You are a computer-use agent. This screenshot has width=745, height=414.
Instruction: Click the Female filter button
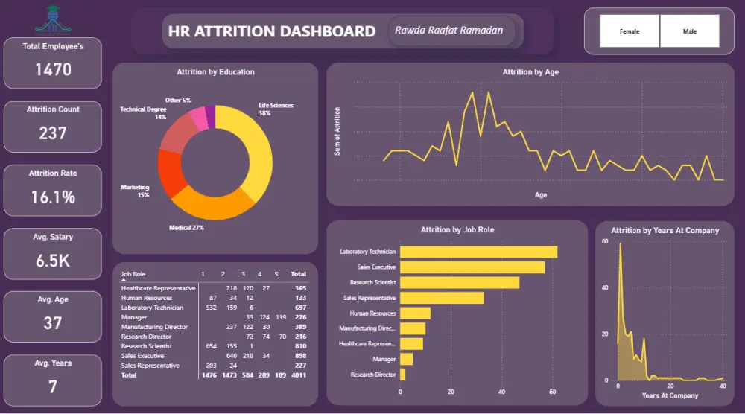630,31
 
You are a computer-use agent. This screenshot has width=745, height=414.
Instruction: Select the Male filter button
690,31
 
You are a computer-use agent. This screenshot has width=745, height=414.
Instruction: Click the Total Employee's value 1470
53,70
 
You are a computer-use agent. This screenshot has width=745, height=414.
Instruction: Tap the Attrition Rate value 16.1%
53,197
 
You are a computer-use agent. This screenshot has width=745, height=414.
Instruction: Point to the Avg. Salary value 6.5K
53,261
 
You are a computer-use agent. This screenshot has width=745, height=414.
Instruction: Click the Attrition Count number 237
53,133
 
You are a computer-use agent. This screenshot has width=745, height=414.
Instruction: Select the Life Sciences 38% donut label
275,109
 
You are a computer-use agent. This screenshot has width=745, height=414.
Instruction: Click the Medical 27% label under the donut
187,227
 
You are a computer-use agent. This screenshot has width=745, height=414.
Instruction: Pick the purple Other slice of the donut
210,117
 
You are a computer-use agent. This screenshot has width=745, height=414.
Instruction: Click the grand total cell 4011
298,375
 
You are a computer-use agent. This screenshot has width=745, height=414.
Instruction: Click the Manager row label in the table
134,317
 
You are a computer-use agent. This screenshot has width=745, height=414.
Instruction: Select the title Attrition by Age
530,72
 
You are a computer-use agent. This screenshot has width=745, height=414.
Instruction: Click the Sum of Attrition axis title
337,135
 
